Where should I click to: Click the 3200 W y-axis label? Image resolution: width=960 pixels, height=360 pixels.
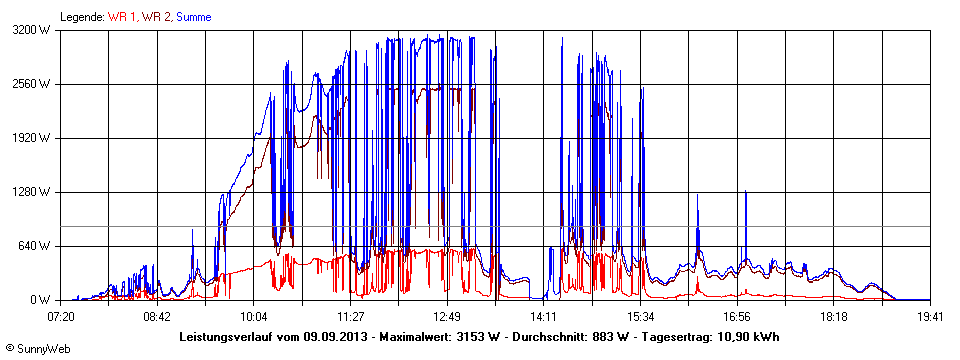coord(31,30)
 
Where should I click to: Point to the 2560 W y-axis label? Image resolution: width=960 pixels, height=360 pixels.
coord(31,84)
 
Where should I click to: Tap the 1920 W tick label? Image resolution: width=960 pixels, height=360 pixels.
coord(31,138)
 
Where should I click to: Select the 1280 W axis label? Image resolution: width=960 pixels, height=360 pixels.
coord(31,192)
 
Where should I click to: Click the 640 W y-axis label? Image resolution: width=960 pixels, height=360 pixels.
coord(34,246)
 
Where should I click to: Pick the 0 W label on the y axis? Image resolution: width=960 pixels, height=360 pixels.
coord(41,300)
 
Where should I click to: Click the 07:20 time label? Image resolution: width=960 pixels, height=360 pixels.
coord(61,316)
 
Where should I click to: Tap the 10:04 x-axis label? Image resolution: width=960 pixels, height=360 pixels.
coord(254,316)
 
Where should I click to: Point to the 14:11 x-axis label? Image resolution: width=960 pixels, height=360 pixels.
coord(544,316)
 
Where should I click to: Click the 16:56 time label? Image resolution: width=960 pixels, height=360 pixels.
coord(737,316)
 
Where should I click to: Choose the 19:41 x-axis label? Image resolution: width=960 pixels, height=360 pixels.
coord(930,316)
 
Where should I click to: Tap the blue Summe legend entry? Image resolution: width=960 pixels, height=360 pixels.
coord(194,17)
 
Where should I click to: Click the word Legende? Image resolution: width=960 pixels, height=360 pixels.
coord(82,17)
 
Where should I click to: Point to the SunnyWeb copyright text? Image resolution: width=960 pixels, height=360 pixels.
coord(37,349)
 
